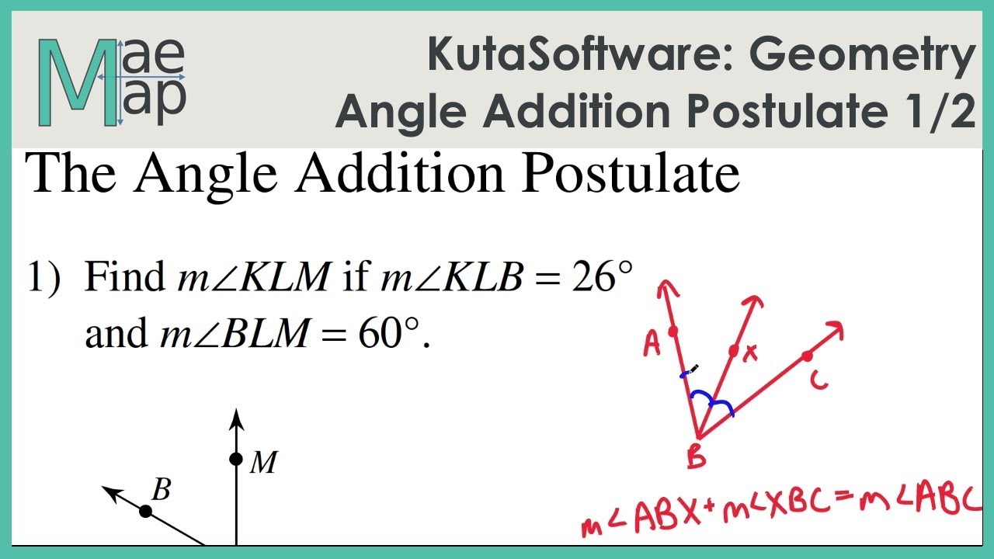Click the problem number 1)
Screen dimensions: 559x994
coord(44,278)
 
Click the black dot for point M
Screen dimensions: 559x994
coord(236,459)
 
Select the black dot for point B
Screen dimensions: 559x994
coord(145,511)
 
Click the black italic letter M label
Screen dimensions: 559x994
coord(264,464)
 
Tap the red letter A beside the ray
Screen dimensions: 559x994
coord(652,344)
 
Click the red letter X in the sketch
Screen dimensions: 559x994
coord(750,354)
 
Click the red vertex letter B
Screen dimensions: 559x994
coord(697,457)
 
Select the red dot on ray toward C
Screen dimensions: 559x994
coord(807,356)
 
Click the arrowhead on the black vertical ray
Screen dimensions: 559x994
coord(236,421)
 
